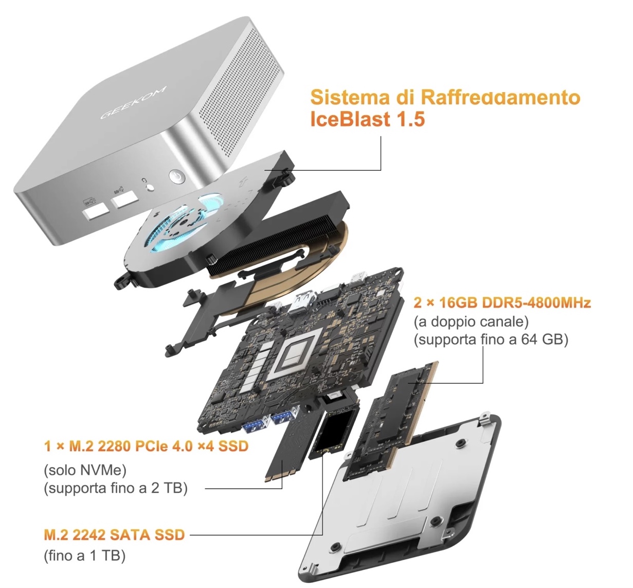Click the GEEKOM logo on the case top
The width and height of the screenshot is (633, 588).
tap(133, 102)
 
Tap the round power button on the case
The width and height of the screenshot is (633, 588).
tap(177, 176)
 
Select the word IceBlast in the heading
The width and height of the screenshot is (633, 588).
tap(349, 119)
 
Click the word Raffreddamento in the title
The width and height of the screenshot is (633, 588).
tap(501, 97)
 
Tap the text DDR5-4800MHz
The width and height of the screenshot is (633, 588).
tap(536, 302)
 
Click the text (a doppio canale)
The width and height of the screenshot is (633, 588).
tap(471, 322)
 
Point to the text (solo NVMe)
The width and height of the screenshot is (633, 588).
tap(85, 470)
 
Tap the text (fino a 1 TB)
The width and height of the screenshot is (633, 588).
tap(84, 556)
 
